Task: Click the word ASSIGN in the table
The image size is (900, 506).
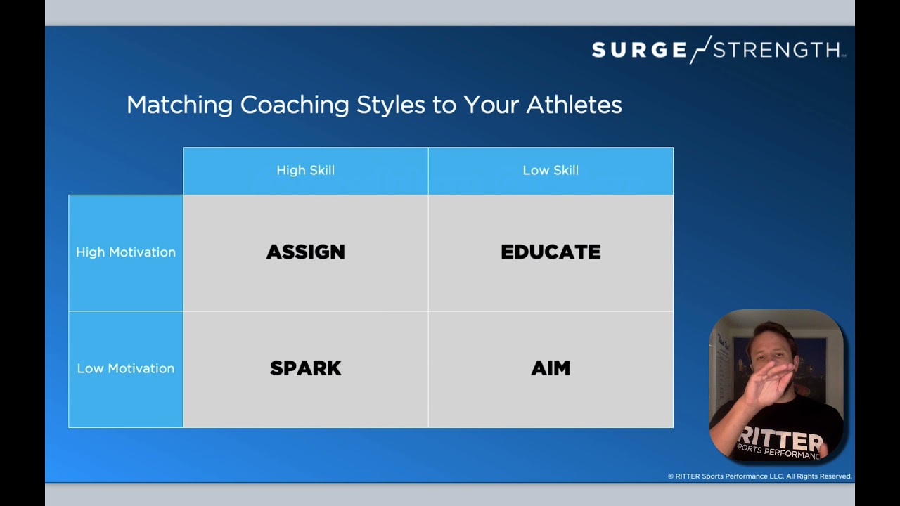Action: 305,252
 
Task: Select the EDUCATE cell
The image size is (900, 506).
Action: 551,252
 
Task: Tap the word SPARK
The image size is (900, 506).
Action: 305,368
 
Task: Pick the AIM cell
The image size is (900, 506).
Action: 551,368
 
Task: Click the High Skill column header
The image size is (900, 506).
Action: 305,171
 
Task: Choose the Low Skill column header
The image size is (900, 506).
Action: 551,171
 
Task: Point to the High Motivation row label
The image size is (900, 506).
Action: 126,252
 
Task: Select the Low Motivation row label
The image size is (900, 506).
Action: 126,368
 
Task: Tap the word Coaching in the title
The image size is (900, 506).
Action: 295,105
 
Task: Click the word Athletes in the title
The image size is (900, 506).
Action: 574,105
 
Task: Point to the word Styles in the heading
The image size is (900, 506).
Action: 390,105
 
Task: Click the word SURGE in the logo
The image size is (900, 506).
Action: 638,50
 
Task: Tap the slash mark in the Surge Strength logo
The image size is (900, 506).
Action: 700,49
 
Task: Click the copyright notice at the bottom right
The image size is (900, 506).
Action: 759,476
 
